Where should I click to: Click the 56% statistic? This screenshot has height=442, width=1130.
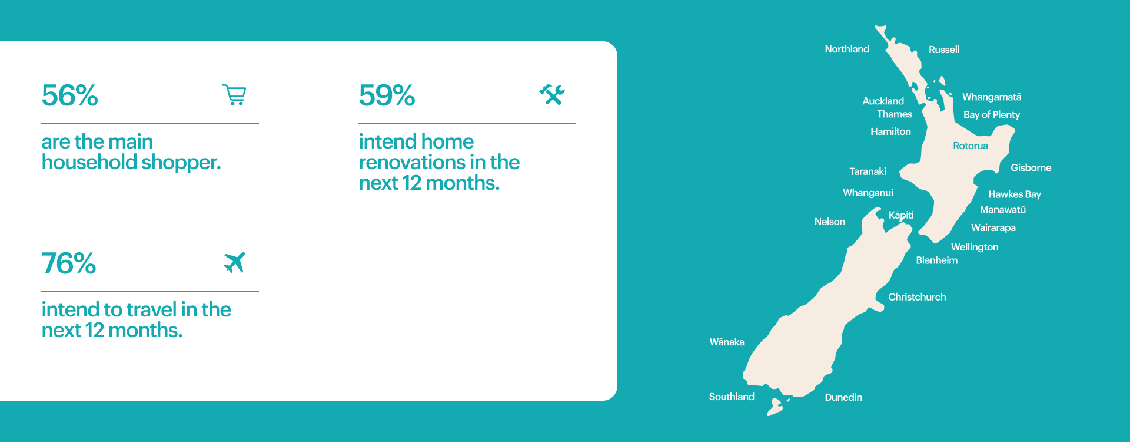69,95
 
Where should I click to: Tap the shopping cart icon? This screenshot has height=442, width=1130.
234,95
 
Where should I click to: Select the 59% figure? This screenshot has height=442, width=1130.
387,95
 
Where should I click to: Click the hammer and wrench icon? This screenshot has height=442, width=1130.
552,95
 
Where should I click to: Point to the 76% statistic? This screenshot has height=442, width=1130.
69,263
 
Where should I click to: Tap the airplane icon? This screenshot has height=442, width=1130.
234,263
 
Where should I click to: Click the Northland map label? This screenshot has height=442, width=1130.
847,49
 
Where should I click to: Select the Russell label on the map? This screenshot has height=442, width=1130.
944,50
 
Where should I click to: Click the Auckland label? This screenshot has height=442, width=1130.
883,101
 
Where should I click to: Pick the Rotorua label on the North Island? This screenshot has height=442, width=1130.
971,146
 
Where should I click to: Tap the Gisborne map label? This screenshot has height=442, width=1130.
1031,167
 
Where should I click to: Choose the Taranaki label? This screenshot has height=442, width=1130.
868,171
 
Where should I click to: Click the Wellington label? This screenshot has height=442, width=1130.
975,247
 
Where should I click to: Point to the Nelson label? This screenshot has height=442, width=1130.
830,222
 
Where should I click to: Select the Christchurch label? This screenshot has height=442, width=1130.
917,297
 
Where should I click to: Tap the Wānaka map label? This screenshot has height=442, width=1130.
727,342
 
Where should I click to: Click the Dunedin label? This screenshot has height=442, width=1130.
843,397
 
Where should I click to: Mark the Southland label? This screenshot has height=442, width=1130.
732,397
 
